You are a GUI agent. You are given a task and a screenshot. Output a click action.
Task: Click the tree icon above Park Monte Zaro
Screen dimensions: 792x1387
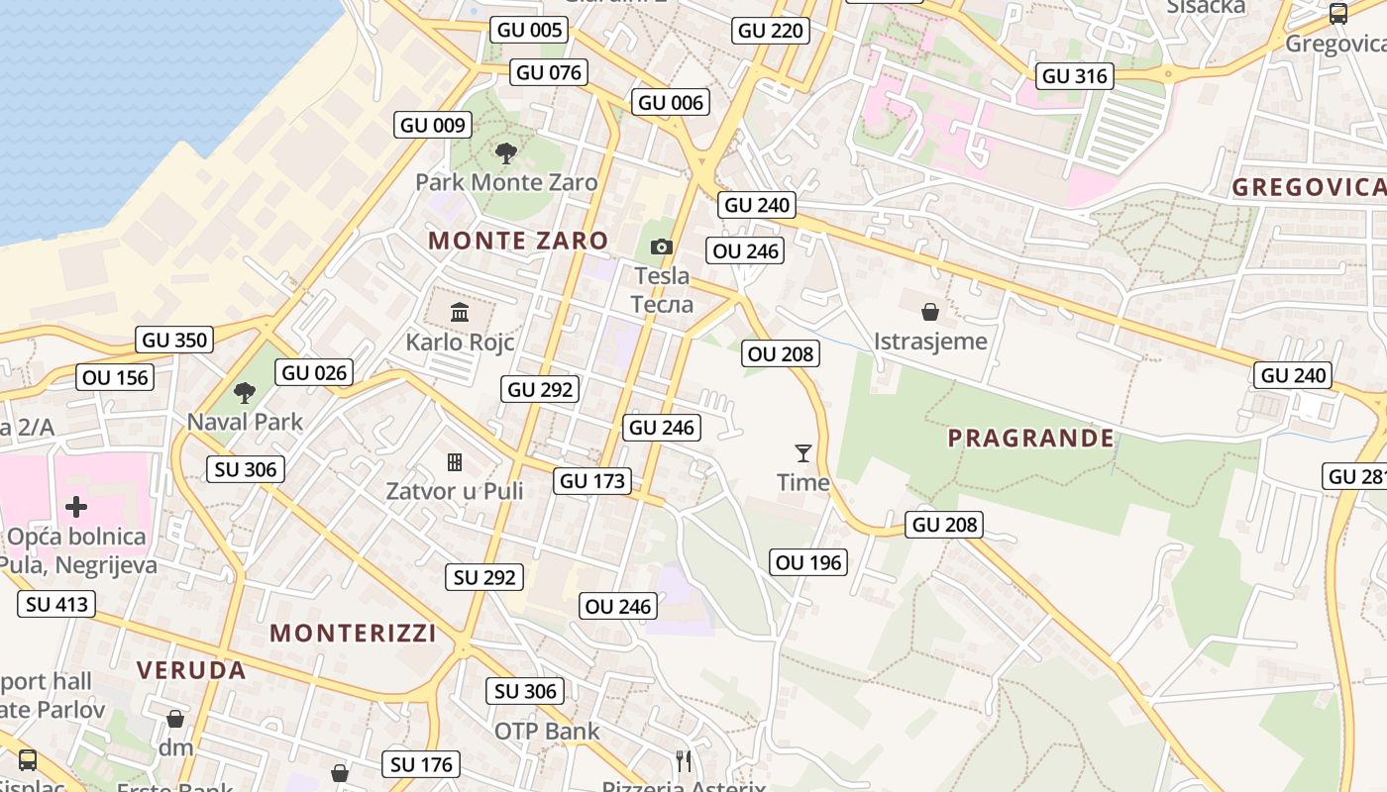506,152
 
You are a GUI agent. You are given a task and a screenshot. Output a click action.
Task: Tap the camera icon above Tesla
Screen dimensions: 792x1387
662,247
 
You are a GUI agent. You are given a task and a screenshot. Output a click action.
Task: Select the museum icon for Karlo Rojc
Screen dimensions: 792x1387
460,313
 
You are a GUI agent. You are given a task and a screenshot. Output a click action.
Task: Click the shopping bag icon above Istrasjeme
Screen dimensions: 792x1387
930,312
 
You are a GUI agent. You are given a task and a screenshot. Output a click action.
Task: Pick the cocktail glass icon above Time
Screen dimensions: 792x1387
803,453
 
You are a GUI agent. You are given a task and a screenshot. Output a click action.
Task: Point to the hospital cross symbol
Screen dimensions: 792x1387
76,508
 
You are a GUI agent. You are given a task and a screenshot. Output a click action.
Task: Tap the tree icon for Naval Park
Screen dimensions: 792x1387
245,393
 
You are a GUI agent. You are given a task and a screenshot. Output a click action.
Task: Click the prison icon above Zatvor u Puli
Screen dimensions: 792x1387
455,462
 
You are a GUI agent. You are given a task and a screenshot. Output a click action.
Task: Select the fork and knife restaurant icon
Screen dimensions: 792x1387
684,760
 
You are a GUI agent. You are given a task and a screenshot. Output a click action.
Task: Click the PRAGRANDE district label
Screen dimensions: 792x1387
1030,438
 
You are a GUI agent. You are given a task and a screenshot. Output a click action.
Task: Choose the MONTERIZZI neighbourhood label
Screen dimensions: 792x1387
353,634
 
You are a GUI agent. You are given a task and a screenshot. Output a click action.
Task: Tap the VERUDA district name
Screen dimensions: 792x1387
191,670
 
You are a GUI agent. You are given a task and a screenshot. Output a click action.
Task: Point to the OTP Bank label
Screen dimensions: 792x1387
547,732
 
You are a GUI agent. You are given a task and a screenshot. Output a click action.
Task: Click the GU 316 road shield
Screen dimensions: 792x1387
1075,76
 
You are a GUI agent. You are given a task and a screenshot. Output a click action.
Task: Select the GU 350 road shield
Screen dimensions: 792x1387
175,341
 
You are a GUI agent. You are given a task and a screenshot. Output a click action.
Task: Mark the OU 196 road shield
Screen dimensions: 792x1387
808,563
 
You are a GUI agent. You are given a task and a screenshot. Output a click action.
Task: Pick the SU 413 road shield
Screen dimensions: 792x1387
56,605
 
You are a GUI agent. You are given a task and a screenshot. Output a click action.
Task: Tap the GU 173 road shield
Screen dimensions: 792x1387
593,482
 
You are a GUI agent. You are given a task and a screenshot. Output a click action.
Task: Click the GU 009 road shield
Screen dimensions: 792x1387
433,126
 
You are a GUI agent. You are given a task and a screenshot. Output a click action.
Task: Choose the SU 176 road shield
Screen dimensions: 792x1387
421,764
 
